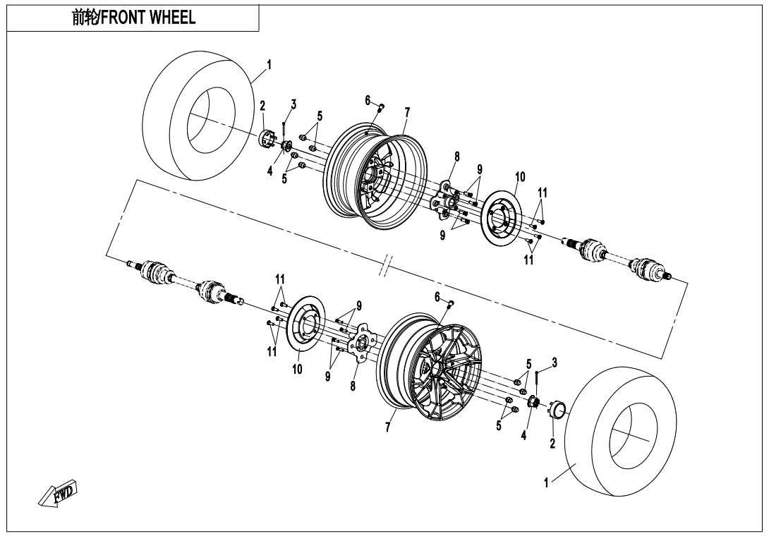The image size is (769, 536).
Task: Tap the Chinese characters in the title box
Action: pyautogui.click(x=85, y=17)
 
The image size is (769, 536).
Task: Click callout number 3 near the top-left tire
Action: pyautogui.click(x=293, y=104)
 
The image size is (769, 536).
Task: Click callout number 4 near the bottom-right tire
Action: pyautogui.click(x=523, y=435)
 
